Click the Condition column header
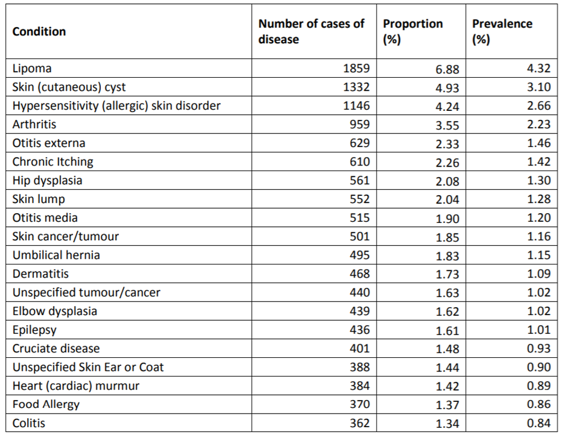(39, 32)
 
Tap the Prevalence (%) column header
(502, 32)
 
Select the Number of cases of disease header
(311, 32)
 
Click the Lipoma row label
(32, 69)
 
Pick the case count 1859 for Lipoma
(356, 69)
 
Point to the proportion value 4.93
(448, 88)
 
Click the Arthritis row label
(34, 124)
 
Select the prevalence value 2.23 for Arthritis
(539, 125)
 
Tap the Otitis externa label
(49, 143)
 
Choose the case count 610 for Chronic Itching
(360, 162)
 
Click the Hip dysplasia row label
(47, 181)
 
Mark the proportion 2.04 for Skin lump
(448, 200)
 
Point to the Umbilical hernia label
(56, 255)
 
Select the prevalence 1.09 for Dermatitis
(539, 274)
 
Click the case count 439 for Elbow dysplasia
(360, 311)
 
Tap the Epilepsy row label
(34, 330)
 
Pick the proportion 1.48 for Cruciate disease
(448, 349)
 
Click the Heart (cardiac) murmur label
(75, 385)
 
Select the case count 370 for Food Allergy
(360, 404)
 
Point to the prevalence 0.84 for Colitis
(539, 423)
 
